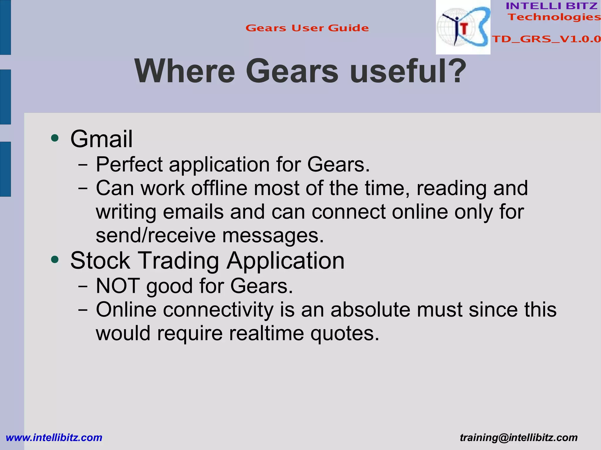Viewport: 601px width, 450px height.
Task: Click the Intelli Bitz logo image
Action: [x=463, y=27]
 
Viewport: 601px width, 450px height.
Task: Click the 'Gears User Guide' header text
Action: [x=307, y=28]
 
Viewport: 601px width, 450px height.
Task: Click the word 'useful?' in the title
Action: [x=408, y=71]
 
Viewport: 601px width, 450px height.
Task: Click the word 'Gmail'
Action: [x=102, y=139]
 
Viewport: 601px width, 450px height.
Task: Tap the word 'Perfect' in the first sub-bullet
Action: [x=129, y=164]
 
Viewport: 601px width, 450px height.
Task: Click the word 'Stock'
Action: [x=100, y=261]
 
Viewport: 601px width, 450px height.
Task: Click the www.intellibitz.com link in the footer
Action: [x=54, y=437]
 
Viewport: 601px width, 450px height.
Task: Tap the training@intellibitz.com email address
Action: [x=519, y=437]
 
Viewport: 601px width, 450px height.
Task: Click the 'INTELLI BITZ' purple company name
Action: [x=552, y=6]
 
